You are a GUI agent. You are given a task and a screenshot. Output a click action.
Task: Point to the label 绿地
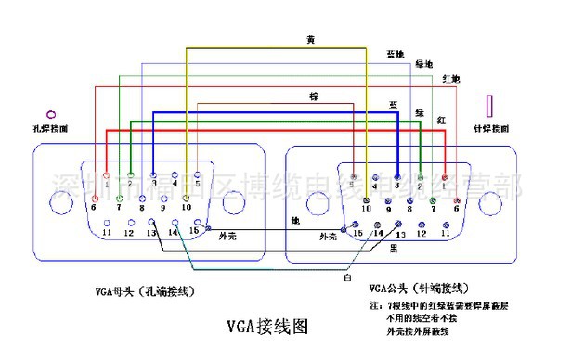[423, 64]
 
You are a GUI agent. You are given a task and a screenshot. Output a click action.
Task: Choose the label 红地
[450, 76]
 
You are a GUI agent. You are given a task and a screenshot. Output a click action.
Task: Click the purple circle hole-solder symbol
[51, 109]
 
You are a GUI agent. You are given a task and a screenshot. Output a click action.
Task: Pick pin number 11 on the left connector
[108, 231]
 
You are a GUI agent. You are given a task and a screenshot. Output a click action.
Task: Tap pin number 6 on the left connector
[94, 206]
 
